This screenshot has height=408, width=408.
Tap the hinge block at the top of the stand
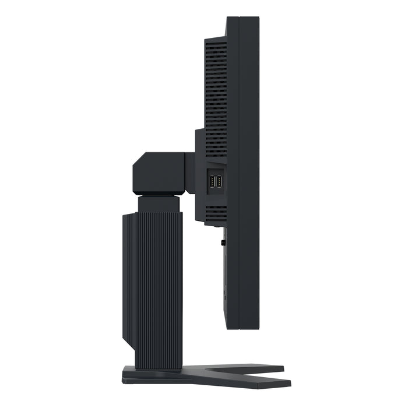160,173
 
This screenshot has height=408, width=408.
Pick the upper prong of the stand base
256,369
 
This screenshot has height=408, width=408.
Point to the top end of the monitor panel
242,19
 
